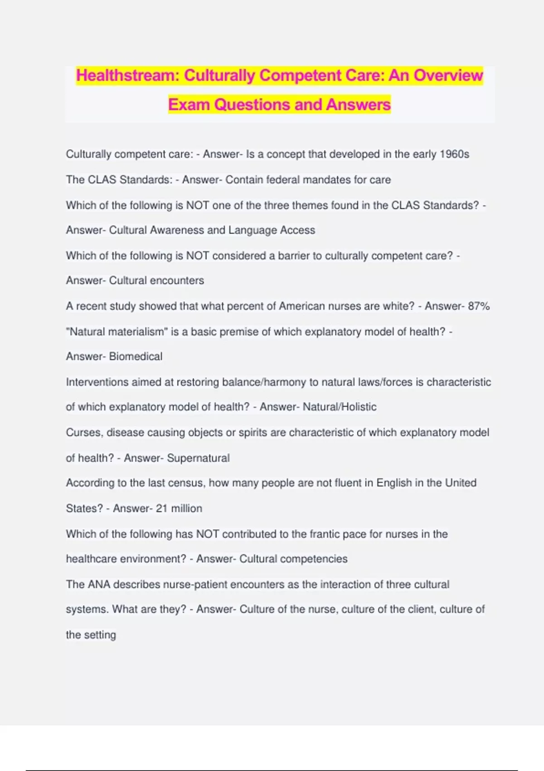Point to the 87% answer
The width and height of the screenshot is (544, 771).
tap(479, 306)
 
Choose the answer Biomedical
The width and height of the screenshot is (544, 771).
tap(136, 356)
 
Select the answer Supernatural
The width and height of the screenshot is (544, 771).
tap(198, 458)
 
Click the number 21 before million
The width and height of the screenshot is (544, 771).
tap(162, 508)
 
